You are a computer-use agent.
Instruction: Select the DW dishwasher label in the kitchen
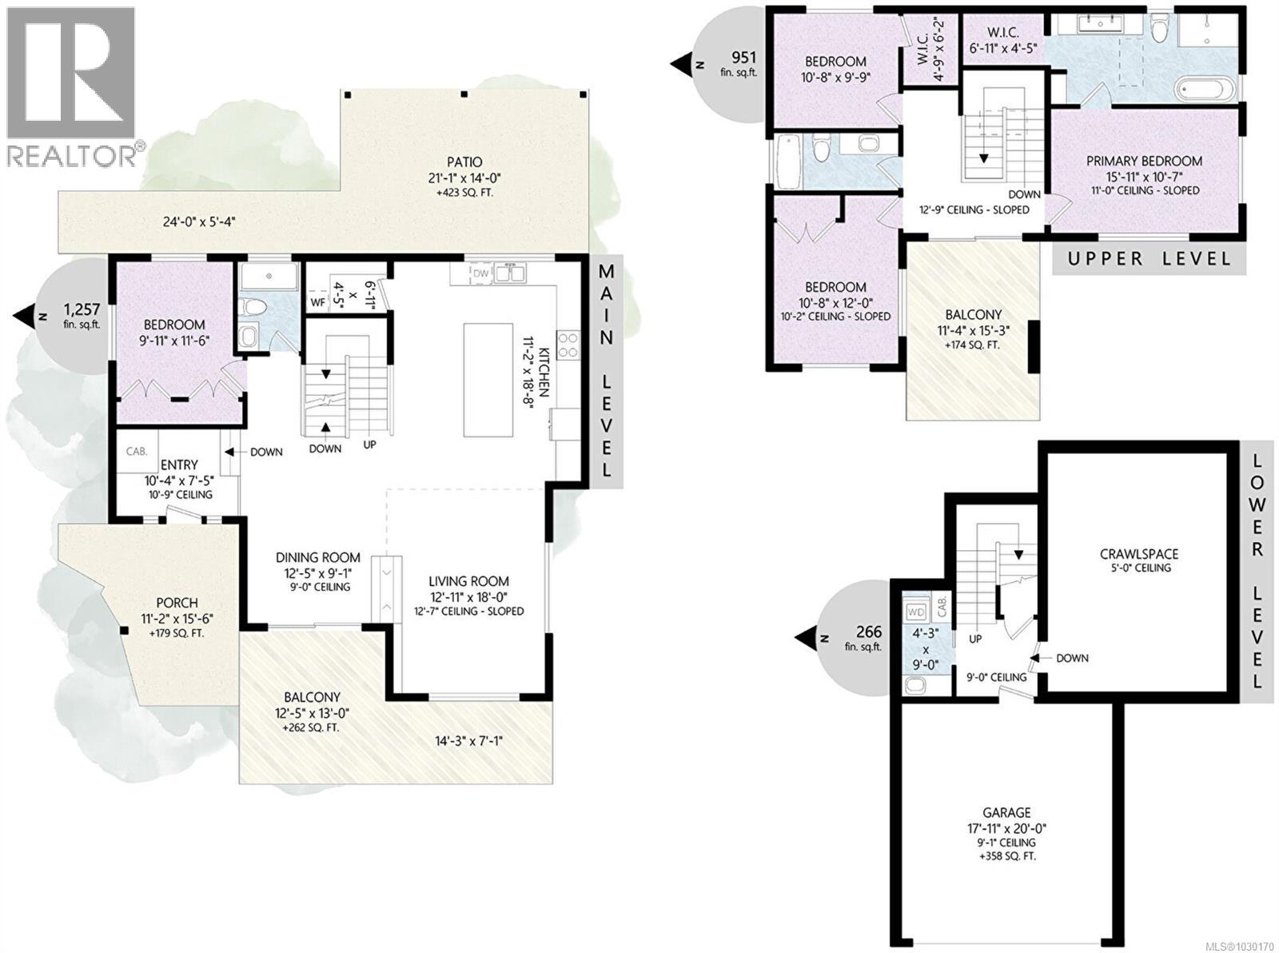point(480,273)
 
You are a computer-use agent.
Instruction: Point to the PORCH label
point(177,603)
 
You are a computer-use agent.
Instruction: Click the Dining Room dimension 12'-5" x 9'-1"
point(317,572)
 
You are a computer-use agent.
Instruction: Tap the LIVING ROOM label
point(468,581)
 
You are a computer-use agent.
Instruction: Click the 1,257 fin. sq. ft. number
point(78,309)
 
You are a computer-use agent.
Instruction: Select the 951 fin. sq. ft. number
point(744,57)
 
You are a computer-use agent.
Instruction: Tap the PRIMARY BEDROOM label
point(1144,161)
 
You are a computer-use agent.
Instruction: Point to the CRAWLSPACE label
point(1138,553)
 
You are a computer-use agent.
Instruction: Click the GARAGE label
point(1006,812)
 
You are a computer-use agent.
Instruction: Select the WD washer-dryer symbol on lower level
point(915,612)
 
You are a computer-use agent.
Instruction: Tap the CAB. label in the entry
point(137,451)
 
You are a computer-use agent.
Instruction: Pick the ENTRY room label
point(179,465)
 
